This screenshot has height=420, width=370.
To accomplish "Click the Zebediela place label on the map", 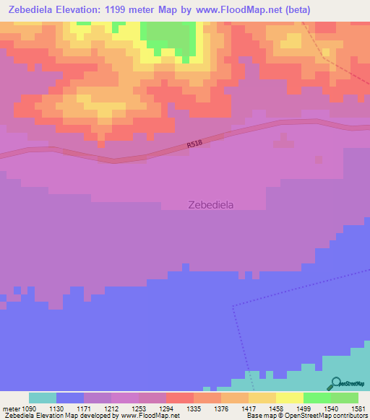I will [x=210, y=204].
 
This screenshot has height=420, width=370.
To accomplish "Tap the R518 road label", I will [x=194, y=145].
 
